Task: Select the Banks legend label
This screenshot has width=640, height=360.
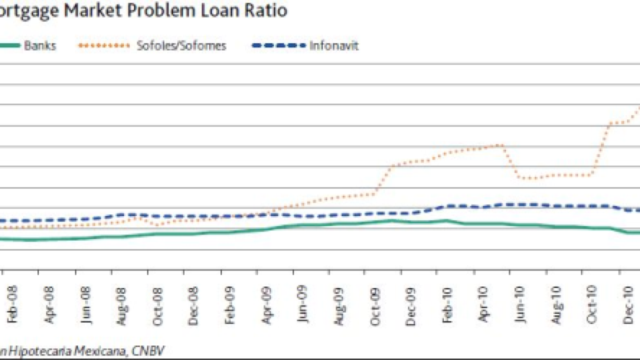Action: [40, 45]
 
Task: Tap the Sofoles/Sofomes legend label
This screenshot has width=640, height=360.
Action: [181, 45]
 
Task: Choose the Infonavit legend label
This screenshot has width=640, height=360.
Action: [334, 45]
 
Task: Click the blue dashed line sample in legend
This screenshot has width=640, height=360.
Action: [278, 45]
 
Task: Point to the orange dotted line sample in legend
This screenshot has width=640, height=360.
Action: [103, 45]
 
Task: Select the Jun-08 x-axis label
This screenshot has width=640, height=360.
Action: [85, 303]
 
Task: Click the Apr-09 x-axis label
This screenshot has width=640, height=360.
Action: [266, 303]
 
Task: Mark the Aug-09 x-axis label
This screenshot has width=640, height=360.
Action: [339, 303]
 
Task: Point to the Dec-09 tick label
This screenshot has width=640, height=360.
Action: [411, 303]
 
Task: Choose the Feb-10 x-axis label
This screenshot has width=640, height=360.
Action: [447, 303]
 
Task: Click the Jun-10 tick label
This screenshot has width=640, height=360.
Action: [520, 303]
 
